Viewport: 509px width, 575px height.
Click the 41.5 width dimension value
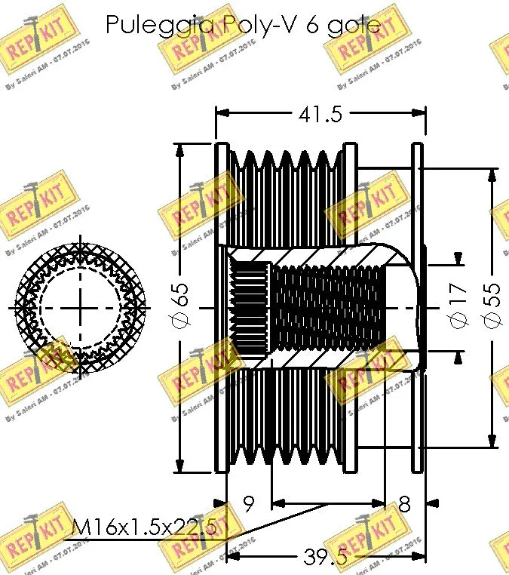pos(320,114)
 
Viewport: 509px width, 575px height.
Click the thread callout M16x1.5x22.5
pos(143,528)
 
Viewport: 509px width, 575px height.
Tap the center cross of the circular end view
pos(79,307)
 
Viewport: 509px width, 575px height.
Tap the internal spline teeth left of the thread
pos(249,307)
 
